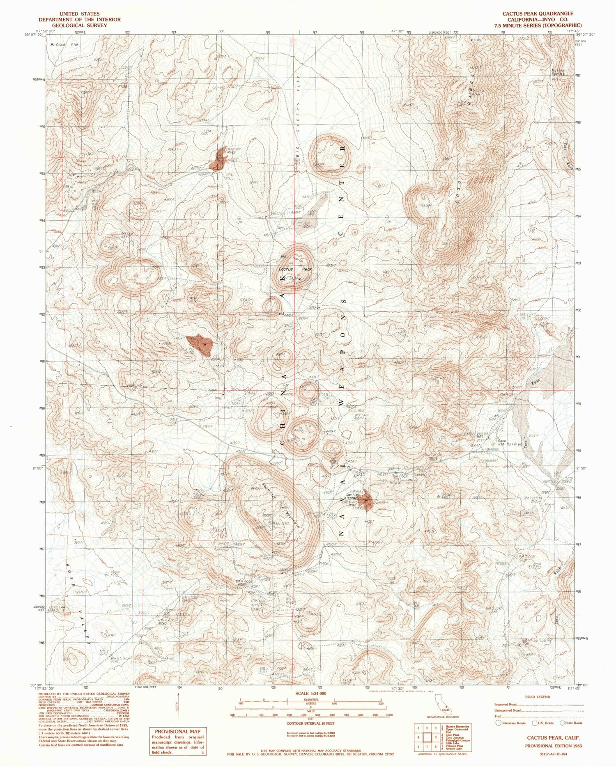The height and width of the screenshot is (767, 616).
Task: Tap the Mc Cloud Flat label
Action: pyautogui.click(x=64, y=44)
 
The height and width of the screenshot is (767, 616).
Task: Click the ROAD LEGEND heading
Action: pyautogui.click(x=538, y=697)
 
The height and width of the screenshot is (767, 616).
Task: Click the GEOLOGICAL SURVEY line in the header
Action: pyautogui.click(x=80, y=25)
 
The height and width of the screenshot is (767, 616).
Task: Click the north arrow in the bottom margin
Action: pyautogui.click(x=178, y=705)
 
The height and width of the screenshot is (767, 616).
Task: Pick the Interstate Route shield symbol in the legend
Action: pyautogui.click(x=499, y=723)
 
